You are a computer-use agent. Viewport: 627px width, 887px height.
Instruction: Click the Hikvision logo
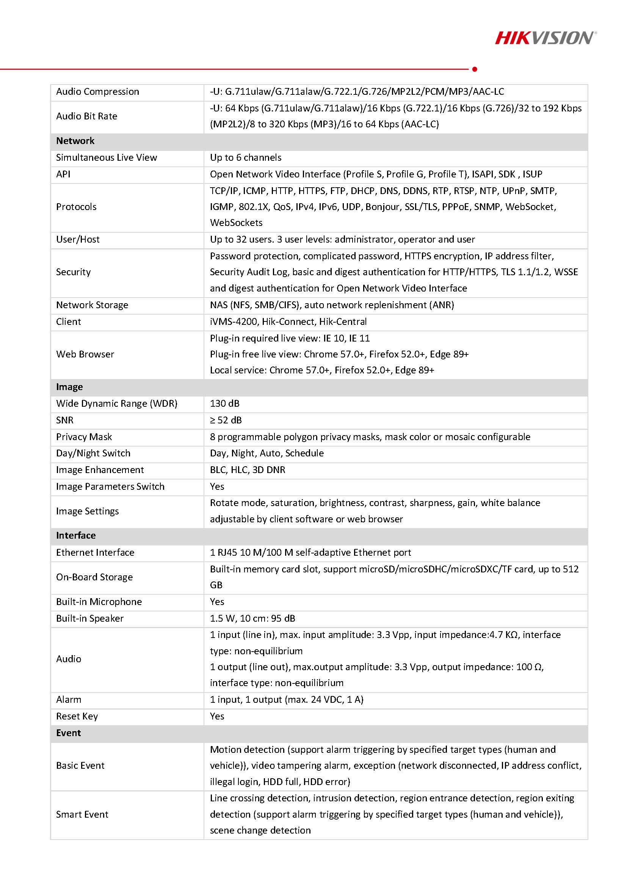click(x=545, y=38)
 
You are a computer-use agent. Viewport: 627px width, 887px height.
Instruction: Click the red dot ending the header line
click(x=475, y=69)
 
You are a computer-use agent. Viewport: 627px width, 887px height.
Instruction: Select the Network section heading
click(x=75, y=141)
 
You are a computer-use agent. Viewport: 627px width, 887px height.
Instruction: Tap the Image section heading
click(x=69, y=387)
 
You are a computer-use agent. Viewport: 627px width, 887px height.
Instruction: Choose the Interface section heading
click(x=76, y=536)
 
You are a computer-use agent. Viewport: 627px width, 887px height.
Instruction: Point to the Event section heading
click(x=68, y=733)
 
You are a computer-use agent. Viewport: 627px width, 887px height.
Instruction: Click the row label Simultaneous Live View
click(x=107, y=158)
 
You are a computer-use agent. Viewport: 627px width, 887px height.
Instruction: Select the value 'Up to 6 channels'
click(x=246, y=158)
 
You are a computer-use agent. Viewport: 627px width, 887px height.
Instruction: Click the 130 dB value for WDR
click(x=225, y=403)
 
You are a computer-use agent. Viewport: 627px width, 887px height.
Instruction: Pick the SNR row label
click(x=65, y=420)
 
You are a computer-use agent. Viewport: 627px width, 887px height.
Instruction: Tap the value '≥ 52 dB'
click(x=226, y=420)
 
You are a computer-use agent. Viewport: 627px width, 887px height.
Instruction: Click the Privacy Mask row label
click(x=84, y=437)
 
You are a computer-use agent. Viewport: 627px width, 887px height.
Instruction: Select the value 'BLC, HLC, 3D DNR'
click(x=248, y=470)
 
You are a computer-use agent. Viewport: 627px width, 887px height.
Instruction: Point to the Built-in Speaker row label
click(x=89, y=618)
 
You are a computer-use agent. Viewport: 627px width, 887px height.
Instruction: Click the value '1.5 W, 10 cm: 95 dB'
click(x=252, y=618)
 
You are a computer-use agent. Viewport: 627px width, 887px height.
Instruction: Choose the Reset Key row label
click(x=77, y=716)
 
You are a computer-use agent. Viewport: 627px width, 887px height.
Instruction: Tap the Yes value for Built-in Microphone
click(x=217, y=602)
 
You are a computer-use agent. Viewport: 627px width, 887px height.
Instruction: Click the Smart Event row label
click(x=82, y=814)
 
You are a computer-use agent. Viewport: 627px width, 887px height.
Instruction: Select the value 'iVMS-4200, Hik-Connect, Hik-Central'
click(x=288, y=321)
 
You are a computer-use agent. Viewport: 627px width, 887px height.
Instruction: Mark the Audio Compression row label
click(x=97, y=92)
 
